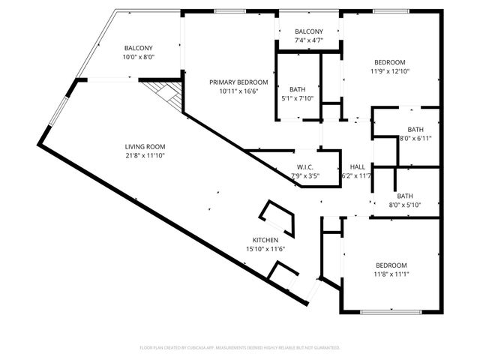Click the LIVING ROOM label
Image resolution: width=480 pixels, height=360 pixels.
pos(145,146)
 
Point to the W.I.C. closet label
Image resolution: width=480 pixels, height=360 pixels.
pos(305,167)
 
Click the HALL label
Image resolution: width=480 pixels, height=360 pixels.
pos(357,167)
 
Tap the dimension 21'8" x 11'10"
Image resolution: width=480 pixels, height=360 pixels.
pos(145,155)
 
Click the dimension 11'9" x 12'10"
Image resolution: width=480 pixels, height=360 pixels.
pos(390,71)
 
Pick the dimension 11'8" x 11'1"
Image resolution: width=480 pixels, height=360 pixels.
pos(391,274)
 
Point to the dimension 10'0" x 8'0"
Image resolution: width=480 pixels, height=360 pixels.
pos(138,57)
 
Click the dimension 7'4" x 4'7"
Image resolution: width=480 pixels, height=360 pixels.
pos(308,40)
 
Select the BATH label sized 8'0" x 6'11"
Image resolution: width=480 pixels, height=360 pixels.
pos(415,129)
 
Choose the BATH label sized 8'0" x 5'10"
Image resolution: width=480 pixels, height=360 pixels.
pos(415,196)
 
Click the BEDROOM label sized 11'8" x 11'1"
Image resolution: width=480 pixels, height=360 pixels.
pos(391,265)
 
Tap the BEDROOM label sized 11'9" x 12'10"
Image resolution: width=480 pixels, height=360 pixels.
pos(390,62)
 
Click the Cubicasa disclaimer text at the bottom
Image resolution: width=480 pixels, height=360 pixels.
pos(240,348)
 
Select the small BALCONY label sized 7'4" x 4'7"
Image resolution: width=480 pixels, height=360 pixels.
pos(308,31)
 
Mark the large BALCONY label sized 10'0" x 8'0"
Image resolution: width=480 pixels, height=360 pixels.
pos(138,48)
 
